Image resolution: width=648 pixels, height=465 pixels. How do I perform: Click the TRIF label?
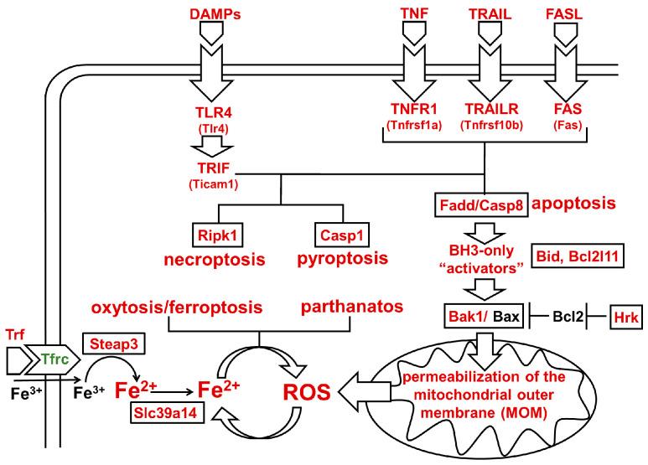[212, 168]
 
